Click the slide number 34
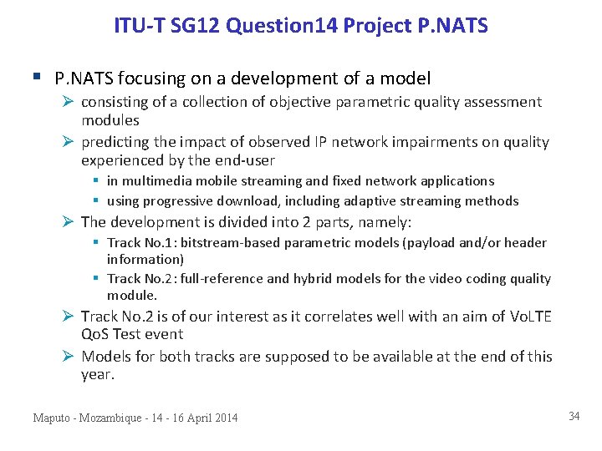(574, 416)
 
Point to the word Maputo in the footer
(53, 418)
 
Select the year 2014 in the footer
(224, 418)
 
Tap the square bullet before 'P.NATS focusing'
(36, 78)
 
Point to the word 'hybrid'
(312, 279)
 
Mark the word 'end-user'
(246, 160)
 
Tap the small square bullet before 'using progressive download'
(97, 201)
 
